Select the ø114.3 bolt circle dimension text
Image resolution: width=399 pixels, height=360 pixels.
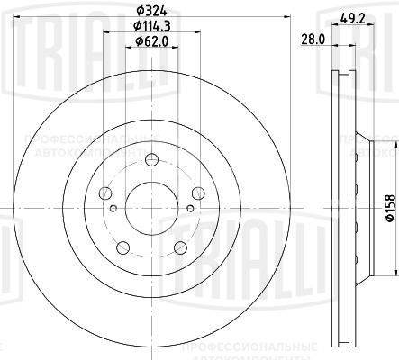click(150, 28)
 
